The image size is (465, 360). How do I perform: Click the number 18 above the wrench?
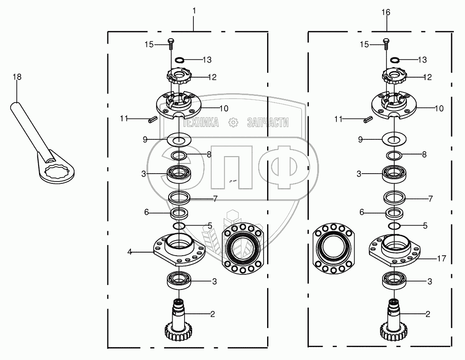tap(16, 77)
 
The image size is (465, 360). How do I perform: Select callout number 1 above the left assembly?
tap(194, 10)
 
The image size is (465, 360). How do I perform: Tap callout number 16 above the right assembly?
tap(386, 12)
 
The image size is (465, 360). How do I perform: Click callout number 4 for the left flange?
tap(130, 252)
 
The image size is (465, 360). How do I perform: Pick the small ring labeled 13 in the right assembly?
tap(395, 59)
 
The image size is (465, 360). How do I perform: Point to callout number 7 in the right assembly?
tap(430, 198)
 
